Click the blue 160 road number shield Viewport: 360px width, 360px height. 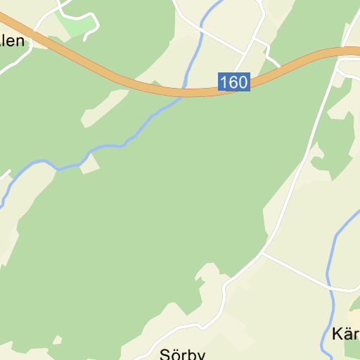[233, 82]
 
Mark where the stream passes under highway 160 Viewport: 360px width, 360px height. [186, 91]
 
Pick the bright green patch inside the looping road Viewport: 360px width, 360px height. [75, 25]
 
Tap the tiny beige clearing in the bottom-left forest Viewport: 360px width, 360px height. [57, 341]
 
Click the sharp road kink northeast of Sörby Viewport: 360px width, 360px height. [224, 285]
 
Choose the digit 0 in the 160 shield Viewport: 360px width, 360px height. [243, 82]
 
